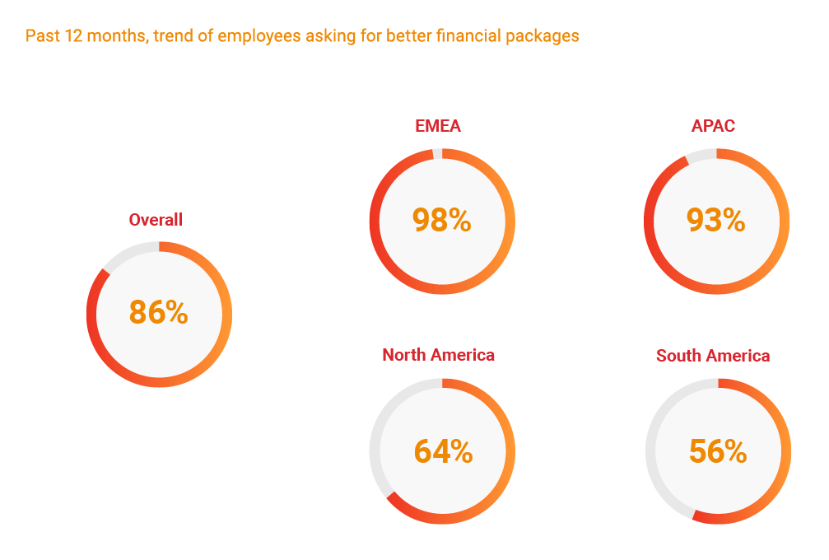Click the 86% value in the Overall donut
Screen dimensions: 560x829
click(x=159, y=313)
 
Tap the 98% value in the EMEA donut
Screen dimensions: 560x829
click(x=442, y=220)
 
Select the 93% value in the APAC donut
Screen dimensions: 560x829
click(x=716, y=220)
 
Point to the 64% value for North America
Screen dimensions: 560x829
click(x=443, y=451)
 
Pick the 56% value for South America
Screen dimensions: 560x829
click(x=718, y=451)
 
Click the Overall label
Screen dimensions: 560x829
click(x=156, y=220)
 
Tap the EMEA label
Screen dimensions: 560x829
click(x=438, y=126)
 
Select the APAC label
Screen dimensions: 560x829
click(x=713, y=126)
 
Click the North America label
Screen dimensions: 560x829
click(x=438, y=355)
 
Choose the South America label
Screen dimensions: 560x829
click(x=713, y=356)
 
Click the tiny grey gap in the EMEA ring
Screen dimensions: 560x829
click(x=437, y=153)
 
